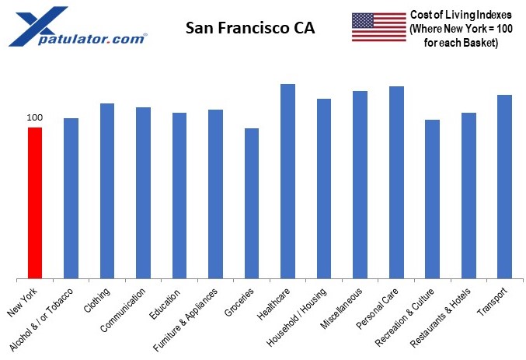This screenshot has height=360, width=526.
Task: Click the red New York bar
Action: [x=35, y=202]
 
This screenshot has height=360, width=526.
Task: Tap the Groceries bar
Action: [x=251, y=203]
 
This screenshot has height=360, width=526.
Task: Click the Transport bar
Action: [x=504, y=186]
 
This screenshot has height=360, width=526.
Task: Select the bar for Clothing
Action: [x=107, y=190]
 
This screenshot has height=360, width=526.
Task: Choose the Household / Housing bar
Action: [x=323, y=188]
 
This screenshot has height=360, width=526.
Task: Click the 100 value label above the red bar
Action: [x=35, y=117]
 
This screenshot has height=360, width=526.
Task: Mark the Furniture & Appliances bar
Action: [x=215, y=194]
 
